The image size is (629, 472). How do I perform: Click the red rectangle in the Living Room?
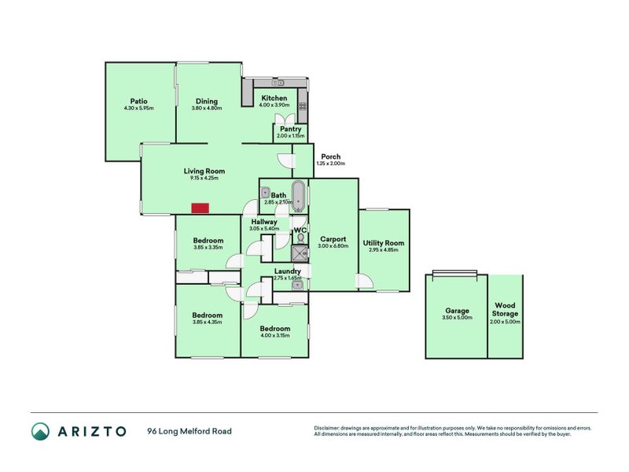click(200, 208)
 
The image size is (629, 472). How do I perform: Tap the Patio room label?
click(138, 101)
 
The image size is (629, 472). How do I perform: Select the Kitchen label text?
click(274, 98)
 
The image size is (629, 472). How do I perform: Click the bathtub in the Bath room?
click(299, 195)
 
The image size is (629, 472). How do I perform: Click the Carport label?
click(333, 239)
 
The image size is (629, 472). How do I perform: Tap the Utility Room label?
click(384, 243)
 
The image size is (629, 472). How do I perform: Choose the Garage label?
click(457, 311)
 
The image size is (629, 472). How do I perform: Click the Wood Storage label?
click(505, 309)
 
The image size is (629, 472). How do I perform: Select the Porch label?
click(330, 157)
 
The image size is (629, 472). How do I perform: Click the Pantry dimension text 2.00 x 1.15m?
click(290, 136)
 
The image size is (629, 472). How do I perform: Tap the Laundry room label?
click(287, 271)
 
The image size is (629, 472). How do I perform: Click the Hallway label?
click(264, 222)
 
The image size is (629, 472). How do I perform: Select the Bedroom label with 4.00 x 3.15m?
click(274, 329)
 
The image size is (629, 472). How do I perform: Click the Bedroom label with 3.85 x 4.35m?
click(208, 315)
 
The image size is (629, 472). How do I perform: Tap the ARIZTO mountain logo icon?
click(40, 431)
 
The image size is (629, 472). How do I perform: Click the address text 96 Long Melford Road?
click(189, 431)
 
